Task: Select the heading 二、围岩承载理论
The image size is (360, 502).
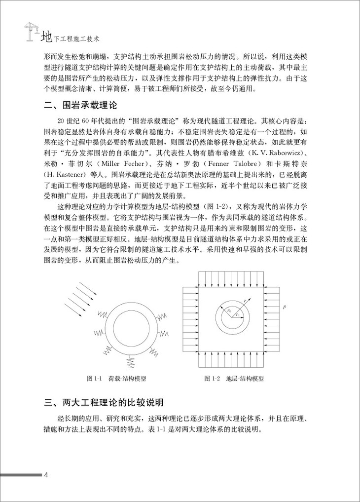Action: (x=79, y=105)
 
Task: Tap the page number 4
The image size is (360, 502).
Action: (x=46, y=475)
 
